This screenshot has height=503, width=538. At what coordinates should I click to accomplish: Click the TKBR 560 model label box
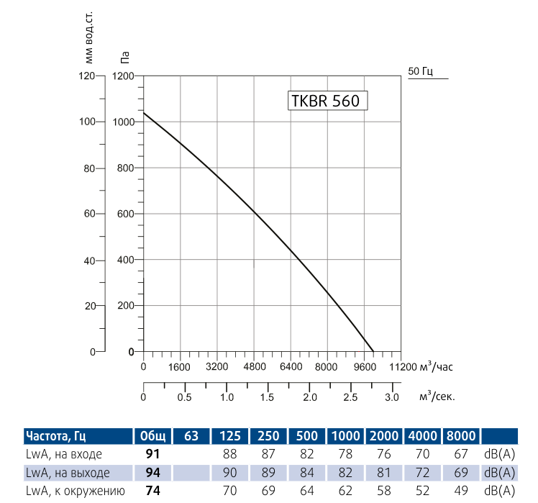pyautogui.click(x=327, y=101)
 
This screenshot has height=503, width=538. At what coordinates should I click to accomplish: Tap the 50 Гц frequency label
pyautogui.click(x=420, y=71)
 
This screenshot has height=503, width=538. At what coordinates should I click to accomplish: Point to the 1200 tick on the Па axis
pyautogui.click(x=123, y=76)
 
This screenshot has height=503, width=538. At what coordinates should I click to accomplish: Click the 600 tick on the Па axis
pyautogui.click(x=126, y=214)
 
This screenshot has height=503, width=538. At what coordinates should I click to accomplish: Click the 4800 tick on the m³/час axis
pyautogui.click(x=254, y=366)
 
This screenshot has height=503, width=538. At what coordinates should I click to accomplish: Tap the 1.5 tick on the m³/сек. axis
pyautogui.click(x=268, y=397)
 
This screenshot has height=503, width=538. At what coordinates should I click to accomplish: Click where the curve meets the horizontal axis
pyautogui.click(x=373, y=352)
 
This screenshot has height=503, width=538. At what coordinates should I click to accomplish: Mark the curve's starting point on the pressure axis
pyautogui.click(x=144, y=113)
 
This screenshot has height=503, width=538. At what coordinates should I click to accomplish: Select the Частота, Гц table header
pyautogui.click(x=56, y=436)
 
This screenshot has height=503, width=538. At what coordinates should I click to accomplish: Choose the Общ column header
pyautogui.click(x=152, y=436)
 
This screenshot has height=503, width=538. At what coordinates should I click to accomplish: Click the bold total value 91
pyautogui.click(x=152, y=455)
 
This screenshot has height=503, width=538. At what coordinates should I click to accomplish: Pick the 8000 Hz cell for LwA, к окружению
pyautogui.click(x=460, y=491)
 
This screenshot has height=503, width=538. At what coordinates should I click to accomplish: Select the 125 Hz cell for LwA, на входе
pyautogui.click(x=230, y=455)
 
